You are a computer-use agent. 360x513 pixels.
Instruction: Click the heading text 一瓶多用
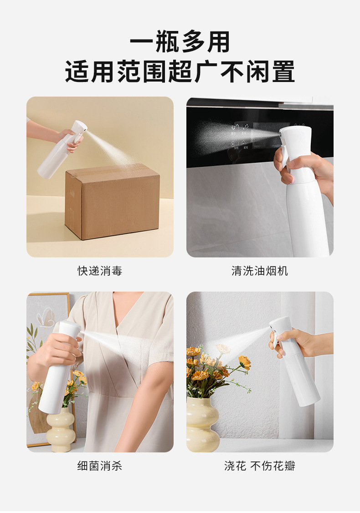point(180,41)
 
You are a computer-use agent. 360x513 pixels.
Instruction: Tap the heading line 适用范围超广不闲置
point(180,72)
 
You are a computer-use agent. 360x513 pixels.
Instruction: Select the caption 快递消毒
point(100,271)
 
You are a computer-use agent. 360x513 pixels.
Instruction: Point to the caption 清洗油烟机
point(260,271)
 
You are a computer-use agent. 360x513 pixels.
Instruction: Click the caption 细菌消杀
point(100,466)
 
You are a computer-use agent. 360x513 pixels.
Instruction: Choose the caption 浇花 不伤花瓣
point(260,466)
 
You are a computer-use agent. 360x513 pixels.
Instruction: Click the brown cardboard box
point(112,201)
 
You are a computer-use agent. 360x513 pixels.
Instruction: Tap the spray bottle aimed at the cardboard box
point(61,150)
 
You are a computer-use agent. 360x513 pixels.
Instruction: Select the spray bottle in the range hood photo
point(303,191)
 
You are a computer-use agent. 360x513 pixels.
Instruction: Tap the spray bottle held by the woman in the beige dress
point(59,366)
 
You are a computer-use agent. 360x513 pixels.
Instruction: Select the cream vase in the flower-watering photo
point(203,424)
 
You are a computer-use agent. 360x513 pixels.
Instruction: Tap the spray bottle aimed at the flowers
point(294,362)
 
